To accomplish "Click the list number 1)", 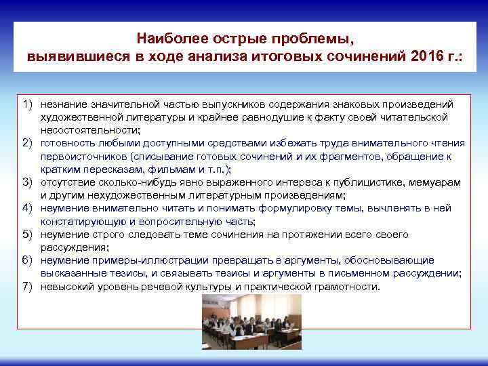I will click(28, 104).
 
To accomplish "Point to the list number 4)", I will click(28, 209).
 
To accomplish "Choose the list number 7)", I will click(28, 286).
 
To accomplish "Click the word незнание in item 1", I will click(63, 104).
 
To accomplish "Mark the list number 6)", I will click(28, 260).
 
